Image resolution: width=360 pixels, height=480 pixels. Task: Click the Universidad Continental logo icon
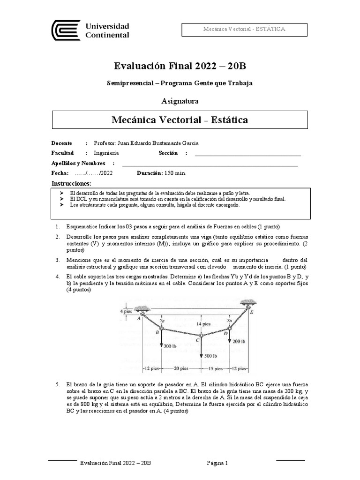point(66,30)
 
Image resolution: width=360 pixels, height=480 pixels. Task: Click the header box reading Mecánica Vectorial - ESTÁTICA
point(244,29)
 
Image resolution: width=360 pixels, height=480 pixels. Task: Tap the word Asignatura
point(180,101)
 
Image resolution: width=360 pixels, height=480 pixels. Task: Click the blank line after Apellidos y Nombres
point(210,164)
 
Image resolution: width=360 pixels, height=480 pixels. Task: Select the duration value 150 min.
point(174,173)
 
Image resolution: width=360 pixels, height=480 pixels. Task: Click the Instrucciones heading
point(71,183)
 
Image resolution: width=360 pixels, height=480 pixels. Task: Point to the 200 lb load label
point(240,341)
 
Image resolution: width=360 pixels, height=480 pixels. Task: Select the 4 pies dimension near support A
point(126,311)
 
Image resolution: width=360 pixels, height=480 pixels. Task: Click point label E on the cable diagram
point(252,311)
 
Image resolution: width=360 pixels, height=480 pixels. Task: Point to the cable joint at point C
point(201,336)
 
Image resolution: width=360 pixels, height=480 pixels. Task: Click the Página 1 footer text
point(217,463)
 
